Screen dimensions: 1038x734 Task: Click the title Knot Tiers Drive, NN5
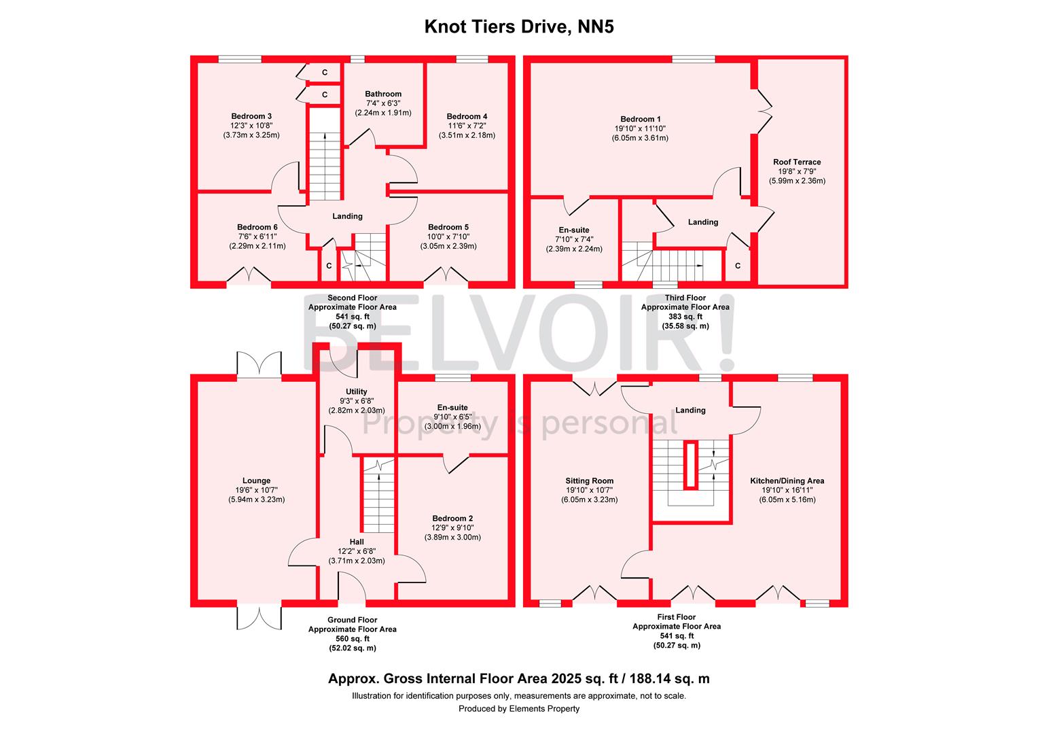click(x=519, y=27)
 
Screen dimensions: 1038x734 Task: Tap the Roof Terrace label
click(x=797, y=162)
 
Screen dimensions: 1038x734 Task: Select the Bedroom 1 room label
click(x=641, y=119)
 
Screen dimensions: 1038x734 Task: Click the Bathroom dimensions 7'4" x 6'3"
click(x=383, y=103)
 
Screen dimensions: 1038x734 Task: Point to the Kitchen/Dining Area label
click(x=787, y=480)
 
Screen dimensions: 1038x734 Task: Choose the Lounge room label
click(x=256, y=480)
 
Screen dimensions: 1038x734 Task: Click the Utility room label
click(x=357, y=392)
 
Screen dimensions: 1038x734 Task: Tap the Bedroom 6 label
click(x=257, y=227)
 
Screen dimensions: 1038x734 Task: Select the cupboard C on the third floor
click(x=738, y=266)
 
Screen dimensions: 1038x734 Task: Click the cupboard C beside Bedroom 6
click(x=329, y=266)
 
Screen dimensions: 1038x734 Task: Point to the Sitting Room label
click(x=590, y=480)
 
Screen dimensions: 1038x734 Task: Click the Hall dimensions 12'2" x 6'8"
click(x=357, y=551)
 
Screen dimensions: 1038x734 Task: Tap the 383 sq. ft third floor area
click(x=685, y=317)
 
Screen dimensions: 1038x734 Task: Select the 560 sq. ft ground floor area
click(x=353, y=638)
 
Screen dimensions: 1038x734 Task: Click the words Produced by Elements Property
click(x=519, y=708)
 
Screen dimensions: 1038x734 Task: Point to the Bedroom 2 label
click(x=452, y=519)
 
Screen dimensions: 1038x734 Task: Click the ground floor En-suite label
click(x=452, y=408)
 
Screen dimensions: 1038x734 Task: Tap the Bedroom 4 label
click(x=467, y=116)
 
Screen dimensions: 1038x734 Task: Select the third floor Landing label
click(x=703, y=222)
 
